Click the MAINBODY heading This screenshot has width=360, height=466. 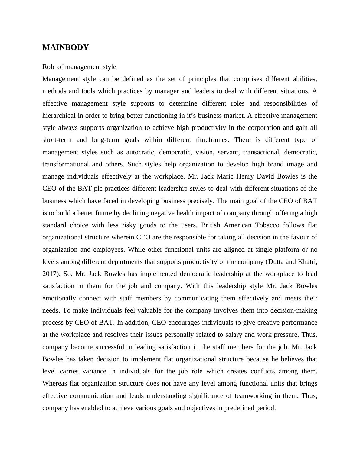point(65,48)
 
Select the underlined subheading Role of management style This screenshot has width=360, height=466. point(79,67)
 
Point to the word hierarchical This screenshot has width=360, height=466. point(59,116)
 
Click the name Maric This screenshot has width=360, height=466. point(225,176)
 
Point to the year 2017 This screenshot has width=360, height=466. point(50,274)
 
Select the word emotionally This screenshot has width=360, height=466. point(59,298)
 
